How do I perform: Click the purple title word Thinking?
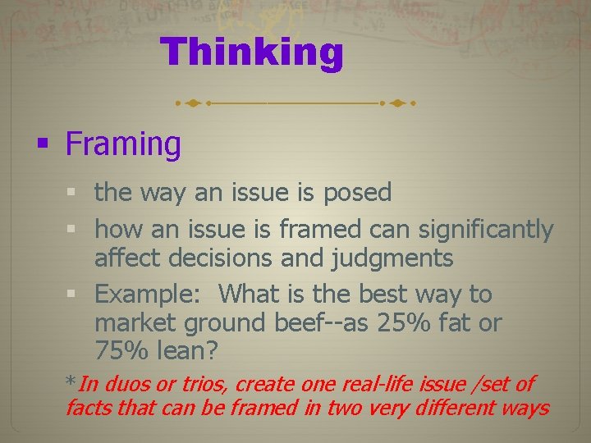coord(252,53)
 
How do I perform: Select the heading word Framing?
coord(123,144)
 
